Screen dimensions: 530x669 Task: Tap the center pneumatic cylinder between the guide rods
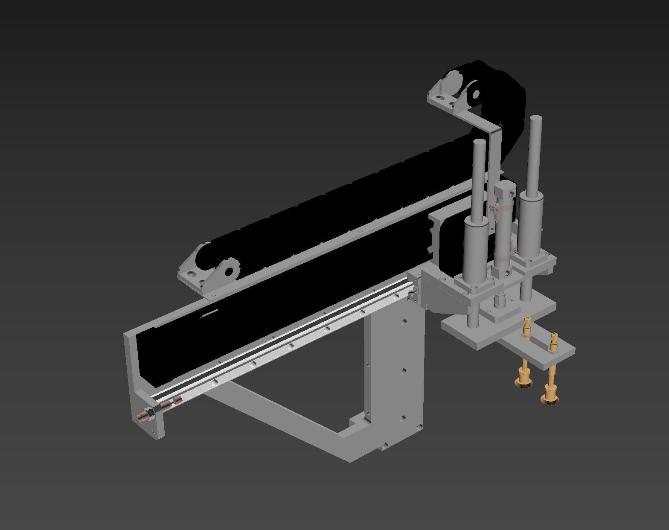503,230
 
